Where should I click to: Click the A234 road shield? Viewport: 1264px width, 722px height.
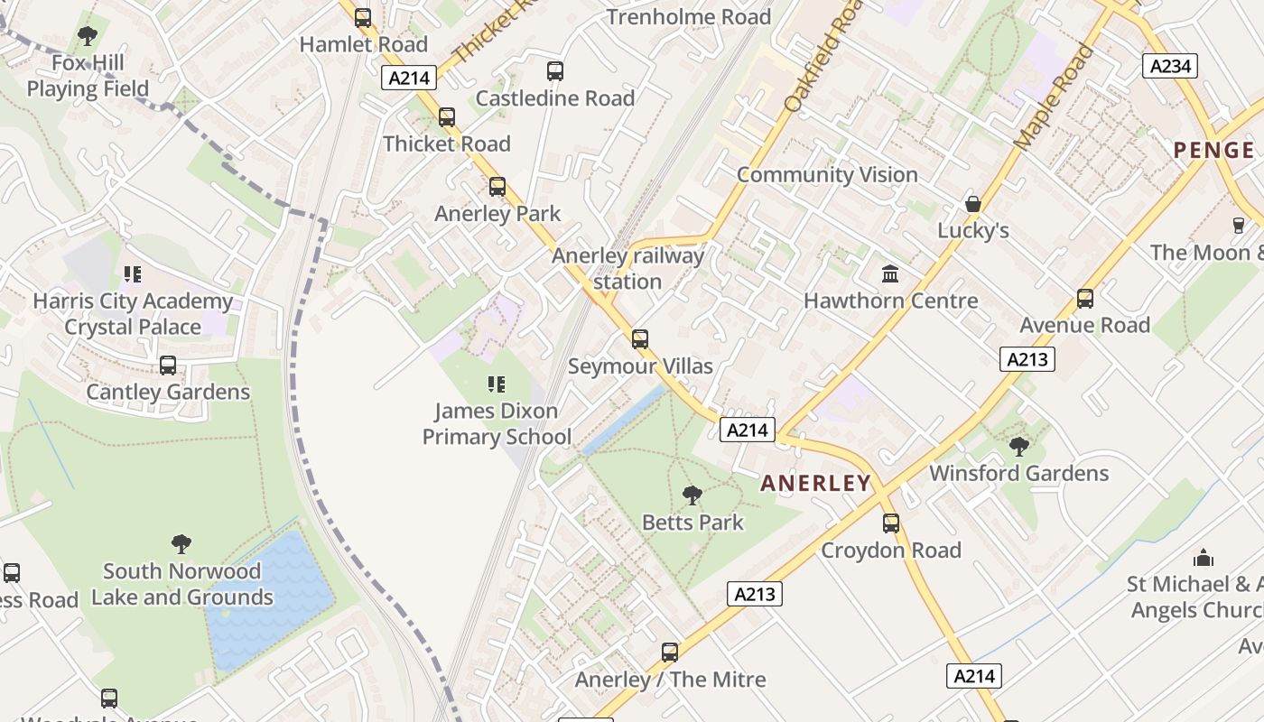(1170, 66)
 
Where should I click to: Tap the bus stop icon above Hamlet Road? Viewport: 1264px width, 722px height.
(363, 17)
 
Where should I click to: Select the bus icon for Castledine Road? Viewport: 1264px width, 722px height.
(555, 70)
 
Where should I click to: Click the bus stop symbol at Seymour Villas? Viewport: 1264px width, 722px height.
(640, 339)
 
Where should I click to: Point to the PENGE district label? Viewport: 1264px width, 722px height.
(1213, 150)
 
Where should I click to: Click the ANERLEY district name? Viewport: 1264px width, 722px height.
(815, 483)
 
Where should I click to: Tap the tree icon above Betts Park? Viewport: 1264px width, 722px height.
(692, 495)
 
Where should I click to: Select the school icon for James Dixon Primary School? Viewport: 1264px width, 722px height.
(496, 384)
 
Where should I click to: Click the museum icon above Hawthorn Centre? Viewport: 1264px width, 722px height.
(890, 273)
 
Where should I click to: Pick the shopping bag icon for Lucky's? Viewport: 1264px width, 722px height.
(972, 204)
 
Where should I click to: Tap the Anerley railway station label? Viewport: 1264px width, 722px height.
(627, 268)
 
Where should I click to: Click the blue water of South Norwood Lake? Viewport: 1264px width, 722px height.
(271, 596)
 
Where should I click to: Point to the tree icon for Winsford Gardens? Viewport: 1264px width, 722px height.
(1018, 446)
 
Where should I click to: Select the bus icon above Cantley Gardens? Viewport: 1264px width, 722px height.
(168, 366)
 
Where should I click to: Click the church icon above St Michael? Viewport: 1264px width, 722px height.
(1203, 558)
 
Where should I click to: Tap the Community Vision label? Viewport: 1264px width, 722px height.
(827, 174)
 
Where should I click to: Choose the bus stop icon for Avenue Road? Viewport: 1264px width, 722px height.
(1084, 298)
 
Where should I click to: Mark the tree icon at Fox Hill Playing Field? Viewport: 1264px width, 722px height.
(88, 36)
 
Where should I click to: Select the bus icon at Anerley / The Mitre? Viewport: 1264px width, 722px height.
(670, 652)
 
